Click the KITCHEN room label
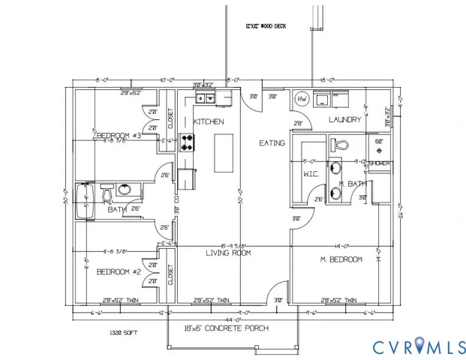tap(209, 121)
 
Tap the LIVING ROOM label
tap(228, 253)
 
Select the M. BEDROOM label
tap(341, 259)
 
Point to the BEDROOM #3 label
tap(119, 135)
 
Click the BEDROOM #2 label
tap(119, 271)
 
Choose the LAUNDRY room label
tap(346, 120)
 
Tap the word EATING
tap(271, 142)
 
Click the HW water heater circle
tap(302, 99)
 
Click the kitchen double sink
tap(204, 97)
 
